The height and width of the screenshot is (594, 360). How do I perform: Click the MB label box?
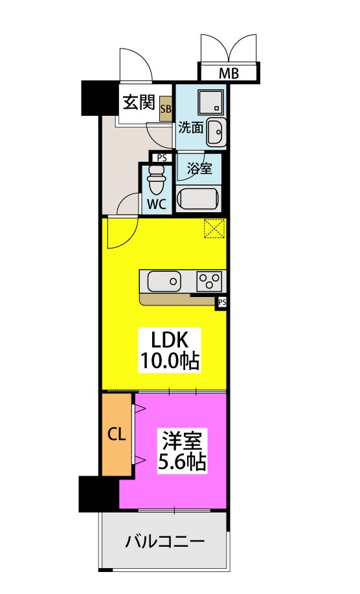(228, 73)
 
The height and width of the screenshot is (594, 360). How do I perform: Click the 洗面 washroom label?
(191, 127)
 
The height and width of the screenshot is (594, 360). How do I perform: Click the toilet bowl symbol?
(156, 179)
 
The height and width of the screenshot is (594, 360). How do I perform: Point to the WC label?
(157, 204)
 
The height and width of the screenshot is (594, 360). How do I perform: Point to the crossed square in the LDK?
(214, 229)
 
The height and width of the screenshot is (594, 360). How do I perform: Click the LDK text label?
(169, 340)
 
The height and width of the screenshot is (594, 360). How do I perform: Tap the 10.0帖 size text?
(169, 361)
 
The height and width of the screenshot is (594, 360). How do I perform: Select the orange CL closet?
(117, 434)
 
